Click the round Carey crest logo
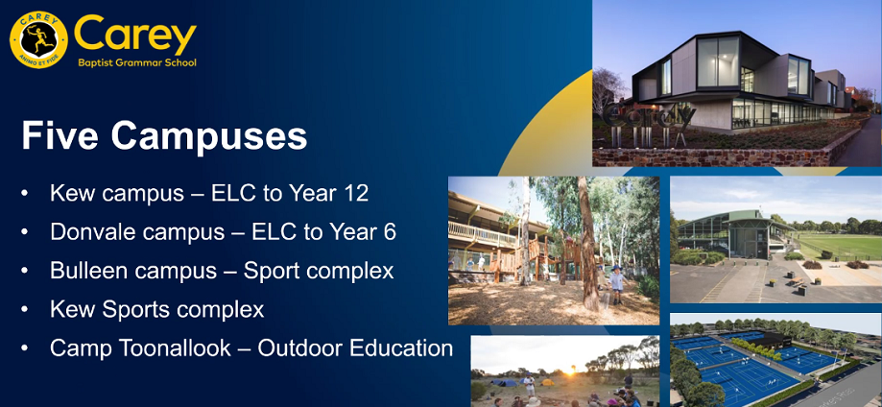click(x=38, y=39)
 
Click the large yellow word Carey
click(x=135, y=35)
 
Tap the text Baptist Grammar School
click(x=137, y=62)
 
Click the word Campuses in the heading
click(x=208, y=135)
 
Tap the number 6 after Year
click(x=390, y=232)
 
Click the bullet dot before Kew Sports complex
click(x=24, y=310)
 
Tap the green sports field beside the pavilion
click(x=839, y=246)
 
